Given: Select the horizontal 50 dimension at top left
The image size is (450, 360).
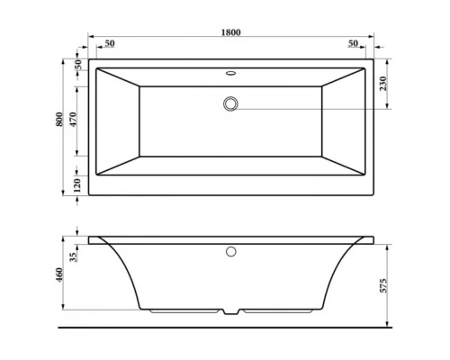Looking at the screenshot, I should tap(109, 44).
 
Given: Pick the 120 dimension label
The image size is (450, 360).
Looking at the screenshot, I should tap(78, 184).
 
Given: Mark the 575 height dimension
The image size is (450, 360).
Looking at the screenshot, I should tap(384, 282).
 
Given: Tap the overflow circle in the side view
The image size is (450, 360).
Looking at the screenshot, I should tap(231, 253).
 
